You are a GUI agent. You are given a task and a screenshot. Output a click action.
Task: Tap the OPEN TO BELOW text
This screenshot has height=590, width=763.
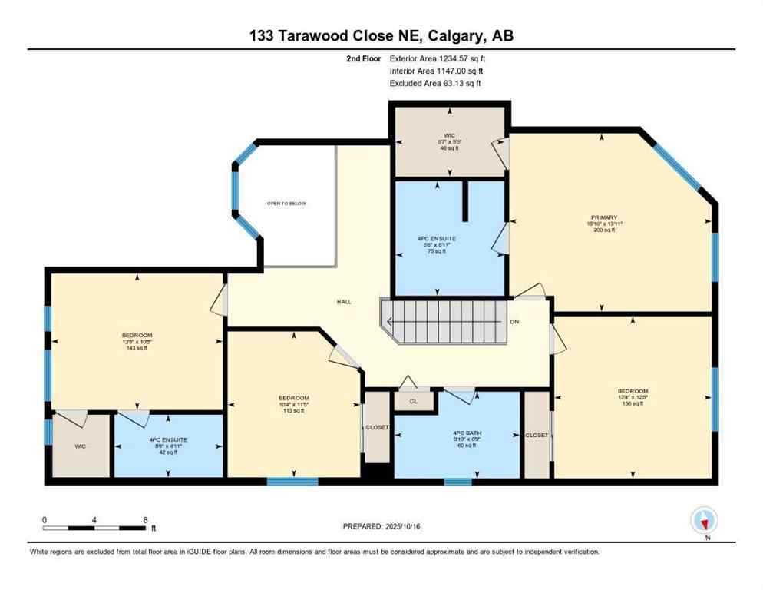coord(286,204)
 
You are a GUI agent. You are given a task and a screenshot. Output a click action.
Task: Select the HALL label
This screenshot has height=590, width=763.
coord(344,302)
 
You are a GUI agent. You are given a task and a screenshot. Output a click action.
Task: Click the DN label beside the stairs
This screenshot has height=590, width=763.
coord(514,322)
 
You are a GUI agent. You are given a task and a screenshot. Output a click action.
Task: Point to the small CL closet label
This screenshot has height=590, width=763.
coord(413,401)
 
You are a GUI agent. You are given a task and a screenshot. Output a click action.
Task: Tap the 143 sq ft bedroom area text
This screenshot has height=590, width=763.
coord(137,348)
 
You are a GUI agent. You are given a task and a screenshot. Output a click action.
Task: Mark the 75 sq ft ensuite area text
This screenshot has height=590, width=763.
coord(437,251)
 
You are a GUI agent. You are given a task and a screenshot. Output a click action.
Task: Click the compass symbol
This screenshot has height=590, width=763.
coord(704,521)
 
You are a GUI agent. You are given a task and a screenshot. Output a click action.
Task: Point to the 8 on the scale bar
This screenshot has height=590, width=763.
coord(145,520)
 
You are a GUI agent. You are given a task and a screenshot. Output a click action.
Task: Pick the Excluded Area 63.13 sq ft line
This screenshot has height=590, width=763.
coord(436,83)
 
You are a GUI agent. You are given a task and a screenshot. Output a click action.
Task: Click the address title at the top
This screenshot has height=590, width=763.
coord(381,36)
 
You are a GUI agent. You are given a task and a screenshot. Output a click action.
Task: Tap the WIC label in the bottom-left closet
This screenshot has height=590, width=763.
coord(81,446)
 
